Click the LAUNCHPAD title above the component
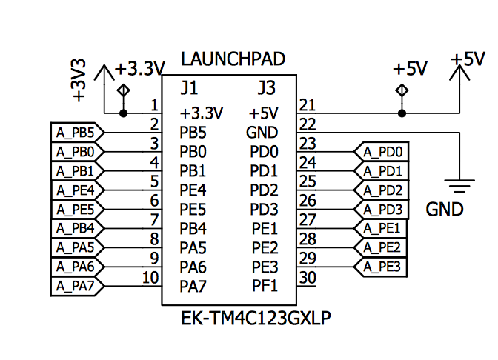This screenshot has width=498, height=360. click(233, 59)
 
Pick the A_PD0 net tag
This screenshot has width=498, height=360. click(382, 153)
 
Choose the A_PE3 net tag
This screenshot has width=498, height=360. click(382, 266)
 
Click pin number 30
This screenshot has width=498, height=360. click(308, 278)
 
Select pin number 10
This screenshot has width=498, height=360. click(150, 277)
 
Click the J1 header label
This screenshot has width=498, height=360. click(189, 88)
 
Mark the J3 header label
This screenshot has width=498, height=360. click(266, 88)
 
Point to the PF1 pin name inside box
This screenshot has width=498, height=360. click(264, 285)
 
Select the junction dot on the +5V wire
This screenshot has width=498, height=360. click(402, 113)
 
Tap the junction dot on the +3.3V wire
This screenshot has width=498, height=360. click(123, 113)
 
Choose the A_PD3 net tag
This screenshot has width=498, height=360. click(382, 209)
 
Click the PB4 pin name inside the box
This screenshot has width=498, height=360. click(193, 228)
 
